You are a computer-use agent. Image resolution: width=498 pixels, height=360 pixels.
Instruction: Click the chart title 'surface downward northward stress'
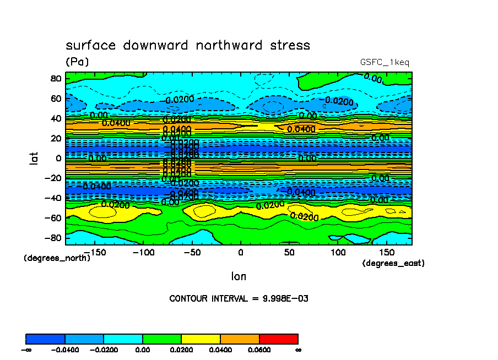click(188, 45)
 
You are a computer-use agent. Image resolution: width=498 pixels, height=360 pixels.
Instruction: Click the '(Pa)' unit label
click(77, 62)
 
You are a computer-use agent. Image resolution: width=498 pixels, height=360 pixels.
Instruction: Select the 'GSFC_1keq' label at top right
click(385, 62)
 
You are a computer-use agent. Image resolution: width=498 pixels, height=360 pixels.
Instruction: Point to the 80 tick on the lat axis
click(55, 78)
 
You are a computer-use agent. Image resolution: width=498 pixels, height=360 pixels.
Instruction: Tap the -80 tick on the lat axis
click(53, 238)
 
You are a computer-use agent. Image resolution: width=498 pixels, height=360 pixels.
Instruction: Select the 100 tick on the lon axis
click(338, 252)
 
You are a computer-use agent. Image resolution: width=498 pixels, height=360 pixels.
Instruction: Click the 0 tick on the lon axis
click(240, 252)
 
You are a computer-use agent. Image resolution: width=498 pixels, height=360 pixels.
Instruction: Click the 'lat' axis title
click(34, 158)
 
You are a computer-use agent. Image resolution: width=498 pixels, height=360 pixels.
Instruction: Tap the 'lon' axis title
click(239, 276)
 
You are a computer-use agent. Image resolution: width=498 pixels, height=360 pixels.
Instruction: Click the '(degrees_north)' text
click(57, 258)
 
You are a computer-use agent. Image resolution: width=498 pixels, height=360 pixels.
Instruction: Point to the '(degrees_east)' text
click(393, 263)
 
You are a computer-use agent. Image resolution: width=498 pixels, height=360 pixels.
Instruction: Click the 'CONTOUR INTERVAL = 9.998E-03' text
click(239, 298)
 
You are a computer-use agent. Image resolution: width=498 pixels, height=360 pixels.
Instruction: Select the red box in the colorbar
click(278, 339)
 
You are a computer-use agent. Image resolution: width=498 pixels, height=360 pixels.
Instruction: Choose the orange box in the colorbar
click(240, 339)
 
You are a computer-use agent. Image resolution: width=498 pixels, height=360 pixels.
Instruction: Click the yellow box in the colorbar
click(201, 339)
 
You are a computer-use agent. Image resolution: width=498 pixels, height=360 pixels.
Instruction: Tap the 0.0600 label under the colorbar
click(259, 350)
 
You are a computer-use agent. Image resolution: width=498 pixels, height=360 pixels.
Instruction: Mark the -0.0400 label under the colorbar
click(64, 350)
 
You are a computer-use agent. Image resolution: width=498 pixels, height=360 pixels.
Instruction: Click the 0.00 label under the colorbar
click(143, 350)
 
